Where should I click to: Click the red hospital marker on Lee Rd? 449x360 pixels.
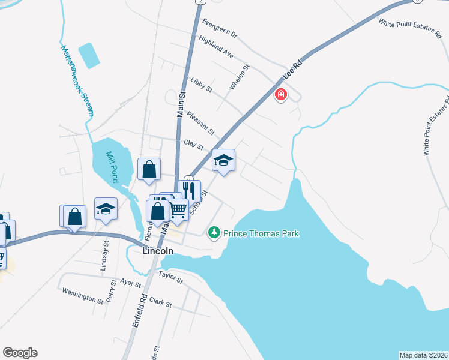tap(280, 95)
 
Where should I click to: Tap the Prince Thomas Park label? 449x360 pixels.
tap(261, 233)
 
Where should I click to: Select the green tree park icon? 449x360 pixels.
tap(214, 232)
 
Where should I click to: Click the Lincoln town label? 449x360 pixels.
tap(158, 251)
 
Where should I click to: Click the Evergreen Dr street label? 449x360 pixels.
tap(220, 28)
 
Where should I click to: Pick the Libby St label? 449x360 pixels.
tap(201, 85)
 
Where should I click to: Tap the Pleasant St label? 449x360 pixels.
tap(200, 122)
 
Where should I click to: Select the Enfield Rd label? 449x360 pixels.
tap(140, 308)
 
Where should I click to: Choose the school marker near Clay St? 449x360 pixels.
tap(223, 160)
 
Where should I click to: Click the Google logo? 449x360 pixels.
tap(20, 353)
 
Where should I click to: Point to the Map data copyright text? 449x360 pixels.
tap(424, 355)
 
